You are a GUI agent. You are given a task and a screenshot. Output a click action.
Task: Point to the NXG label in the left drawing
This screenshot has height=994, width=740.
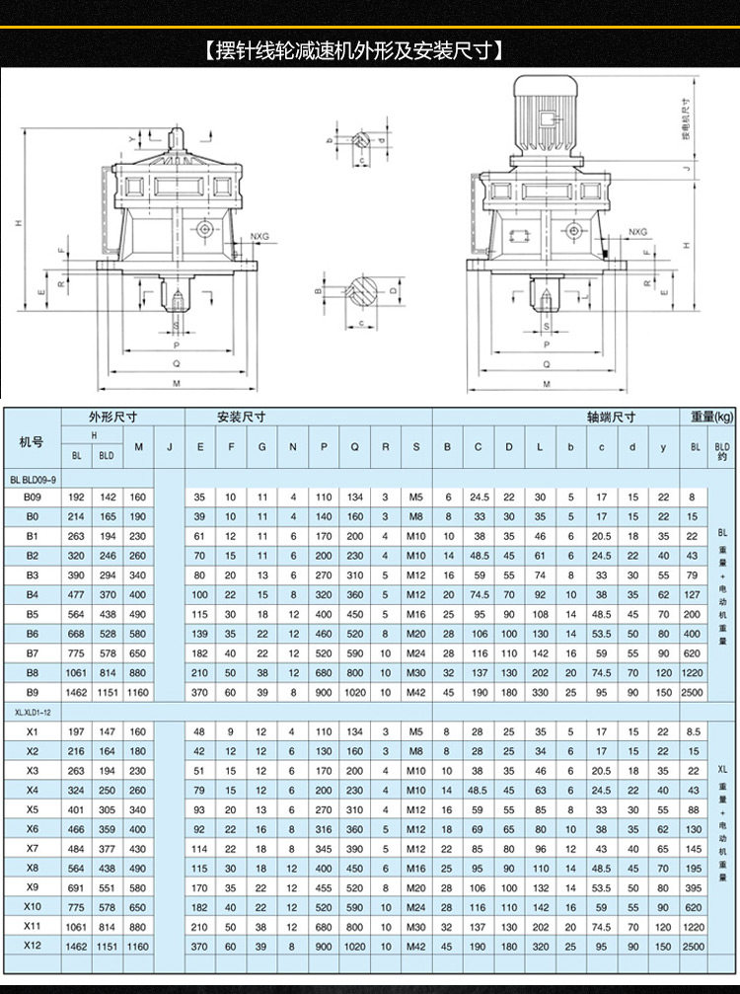pyautogui.click(x=259, y=236)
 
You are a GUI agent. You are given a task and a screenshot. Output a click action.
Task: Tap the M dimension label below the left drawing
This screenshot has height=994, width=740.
pyautogui.click(x=176, y=383)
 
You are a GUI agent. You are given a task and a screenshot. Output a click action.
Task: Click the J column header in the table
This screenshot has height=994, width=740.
pyautogui.click(x=170, y=448)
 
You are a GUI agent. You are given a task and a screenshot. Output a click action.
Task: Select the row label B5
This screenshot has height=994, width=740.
pyautogui.click(x=32, y=613)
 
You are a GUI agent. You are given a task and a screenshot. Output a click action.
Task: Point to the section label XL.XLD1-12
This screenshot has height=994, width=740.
pyautogui.click(x=36, y=712)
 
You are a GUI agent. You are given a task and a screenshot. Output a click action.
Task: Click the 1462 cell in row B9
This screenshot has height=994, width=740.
pyautogui.click(x=77, y=691)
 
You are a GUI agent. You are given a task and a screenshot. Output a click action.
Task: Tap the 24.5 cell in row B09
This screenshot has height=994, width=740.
pyautogui.click(x=480, y=497)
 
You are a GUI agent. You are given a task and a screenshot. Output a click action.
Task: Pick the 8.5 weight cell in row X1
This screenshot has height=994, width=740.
pyautogui.click(x=693, y=731)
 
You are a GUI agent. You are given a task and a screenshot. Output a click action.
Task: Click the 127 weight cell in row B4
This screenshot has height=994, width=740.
pyautogui.click(x=693, y=594)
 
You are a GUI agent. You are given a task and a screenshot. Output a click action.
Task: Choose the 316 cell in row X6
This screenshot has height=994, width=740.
pyautogui.click(x=324, y=829)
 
